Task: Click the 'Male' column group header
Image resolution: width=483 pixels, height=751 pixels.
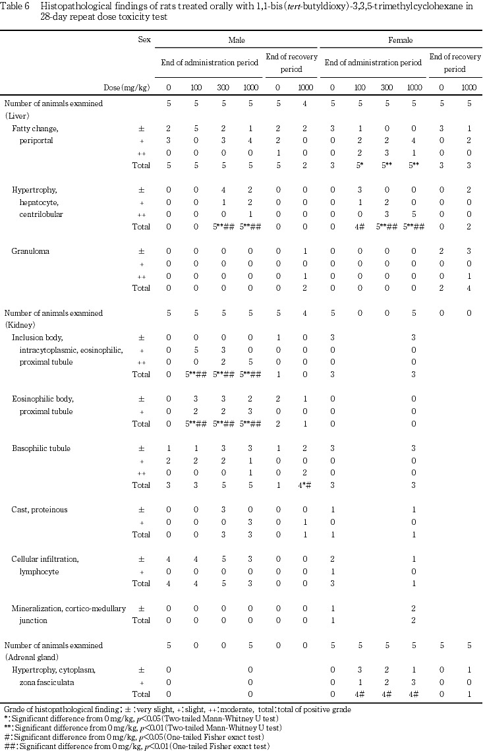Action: pyautogui.click(x=237, y=40)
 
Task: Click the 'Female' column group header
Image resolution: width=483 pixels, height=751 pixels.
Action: pyautogui.click(x=400, y=40)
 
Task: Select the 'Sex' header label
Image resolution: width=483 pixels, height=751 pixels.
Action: pyautogui.click(x=144, y=40)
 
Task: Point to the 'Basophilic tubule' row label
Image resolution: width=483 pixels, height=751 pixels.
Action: pyautogui.click(x=41, y=448)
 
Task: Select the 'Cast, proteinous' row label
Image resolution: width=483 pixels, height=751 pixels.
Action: pyautogui.click(x=40, y=510)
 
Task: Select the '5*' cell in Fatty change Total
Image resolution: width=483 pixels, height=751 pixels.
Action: pyautogui.click(x=360, y=165)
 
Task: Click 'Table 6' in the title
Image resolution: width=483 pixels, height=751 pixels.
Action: pyautogui.click(x=16, y=5)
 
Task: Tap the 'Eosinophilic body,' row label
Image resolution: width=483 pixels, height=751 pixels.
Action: pyautogui.click(x=43, y=399)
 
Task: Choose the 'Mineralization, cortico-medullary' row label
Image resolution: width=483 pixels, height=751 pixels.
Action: pyautogui.click(x=69, y=608)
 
